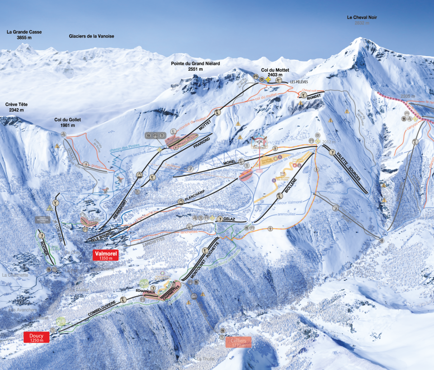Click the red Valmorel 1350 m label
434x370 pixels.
[105, 255]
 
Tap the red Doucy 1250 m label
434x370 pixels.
[36, 337]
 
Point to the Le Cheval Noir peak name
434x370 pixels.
[362, 18]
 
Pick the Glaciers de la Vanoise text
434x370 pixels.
[91, 36]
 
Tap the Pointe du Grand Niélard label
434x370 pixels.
[195, 66]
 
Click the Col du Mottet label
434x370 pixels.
[275, 72]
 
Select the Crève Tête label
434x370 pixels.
[14, 107]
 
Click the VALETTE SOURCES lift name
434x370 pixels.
[349, 168]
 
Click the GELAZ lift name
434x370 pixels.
[229, 219]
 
